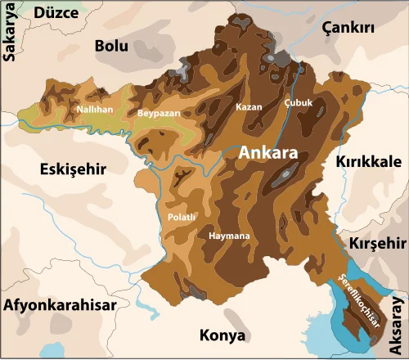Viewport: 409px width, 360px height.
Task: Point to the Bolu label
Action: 111,46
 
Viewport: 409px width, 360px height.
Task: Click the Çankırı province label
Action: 348,27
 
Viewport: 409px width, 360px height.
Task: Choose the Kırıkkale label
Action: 367,162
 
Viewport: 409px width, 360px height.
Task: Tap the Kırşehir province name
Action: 377,244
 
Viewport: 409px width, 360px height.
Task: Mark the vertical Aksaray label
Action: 398,324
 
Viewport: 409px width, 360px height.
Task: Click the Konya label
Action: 222,335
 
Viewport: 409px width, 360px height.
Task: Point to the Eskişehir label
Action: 74,169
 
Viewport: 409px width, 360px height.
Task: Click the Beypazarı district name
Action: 157,113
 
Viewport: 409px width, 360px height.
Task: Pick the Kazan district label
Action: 249,107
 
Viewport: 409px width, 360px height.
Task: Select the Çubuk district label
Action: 298,103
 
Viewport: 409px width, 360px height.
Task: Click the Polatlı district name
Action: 181,217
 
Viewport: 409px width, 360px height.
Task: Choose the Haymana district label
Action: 229,236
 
